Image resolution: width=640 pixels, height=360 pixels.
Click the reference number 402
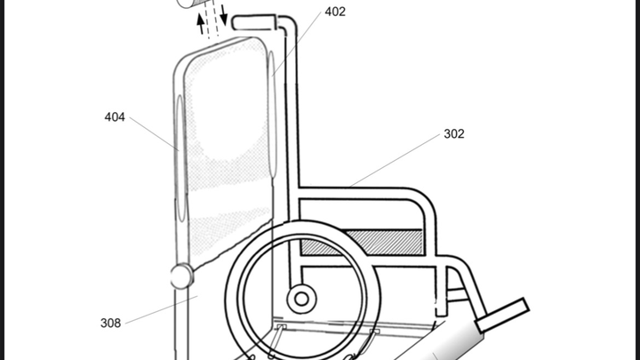point(335,12)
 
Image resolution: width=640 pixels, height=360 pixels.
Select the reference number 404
point(115,116)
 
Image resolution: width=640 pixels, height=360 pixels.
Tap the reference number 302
point(454,134)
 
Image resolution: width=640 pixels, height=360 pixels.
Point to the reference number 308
point(110,323)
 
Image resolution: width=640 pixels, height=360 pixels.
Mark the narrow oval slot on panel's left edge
point(180,160)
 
